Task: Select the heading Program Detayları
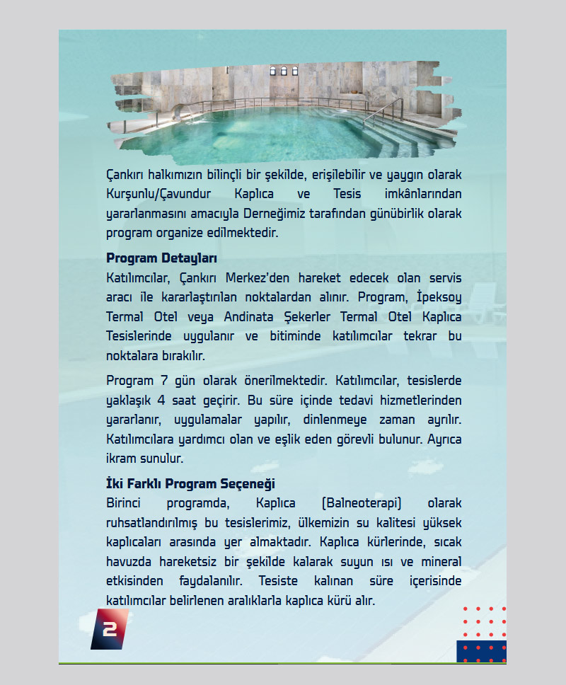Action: point(161,258)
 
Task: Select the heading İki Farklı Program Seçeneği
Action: point(190,485)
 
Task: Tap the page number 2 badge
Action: point(110,629)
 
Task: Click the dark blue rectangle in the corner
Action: point(481,651)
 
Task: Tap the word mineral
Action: point(440,563)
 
